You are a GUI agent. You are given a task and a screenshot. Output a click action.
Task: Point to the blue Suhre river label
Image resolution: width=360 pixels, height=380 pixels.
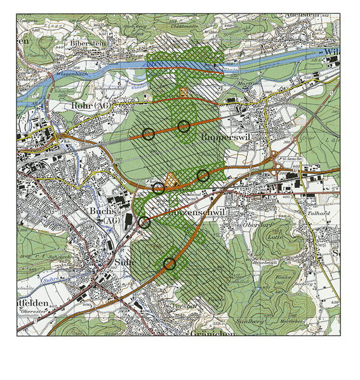tap(55, 277)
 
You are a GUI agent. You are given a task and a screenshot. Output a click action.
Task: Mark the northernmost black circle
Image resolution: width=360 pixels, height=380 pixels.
tap(184, 126)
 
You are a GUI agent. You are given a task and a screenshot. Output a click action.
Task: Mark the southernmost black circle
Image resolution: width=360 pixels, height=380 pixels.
tap(169, 264)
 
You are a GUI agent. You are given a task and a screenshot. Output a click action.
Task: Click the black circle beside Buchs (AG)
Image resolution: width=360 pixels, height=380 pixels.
tap(144, 222)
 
